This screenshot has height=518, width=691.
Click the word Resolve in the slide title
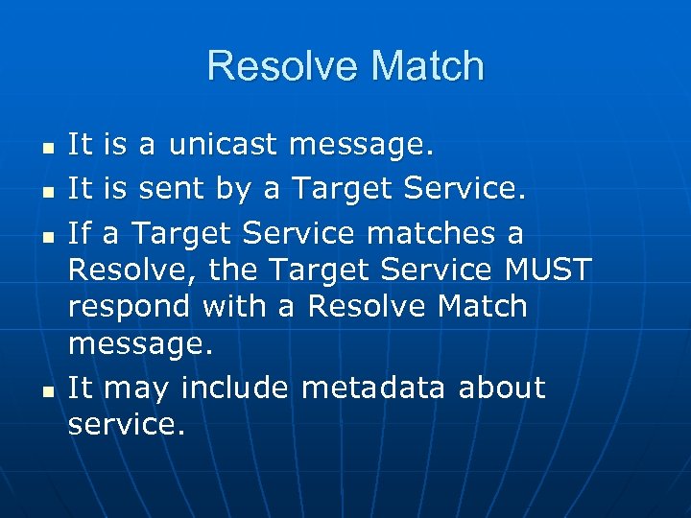click(x=277, y=67)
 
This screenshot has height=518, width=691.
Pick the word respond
click(x=131, y=308)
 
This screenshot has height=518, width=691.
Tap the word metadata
click(x=374, y=388)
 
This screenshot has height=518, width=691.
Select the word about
click(x=501, y=388)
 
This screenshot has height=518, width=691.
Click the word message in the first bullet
click(x=361, y=147)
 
